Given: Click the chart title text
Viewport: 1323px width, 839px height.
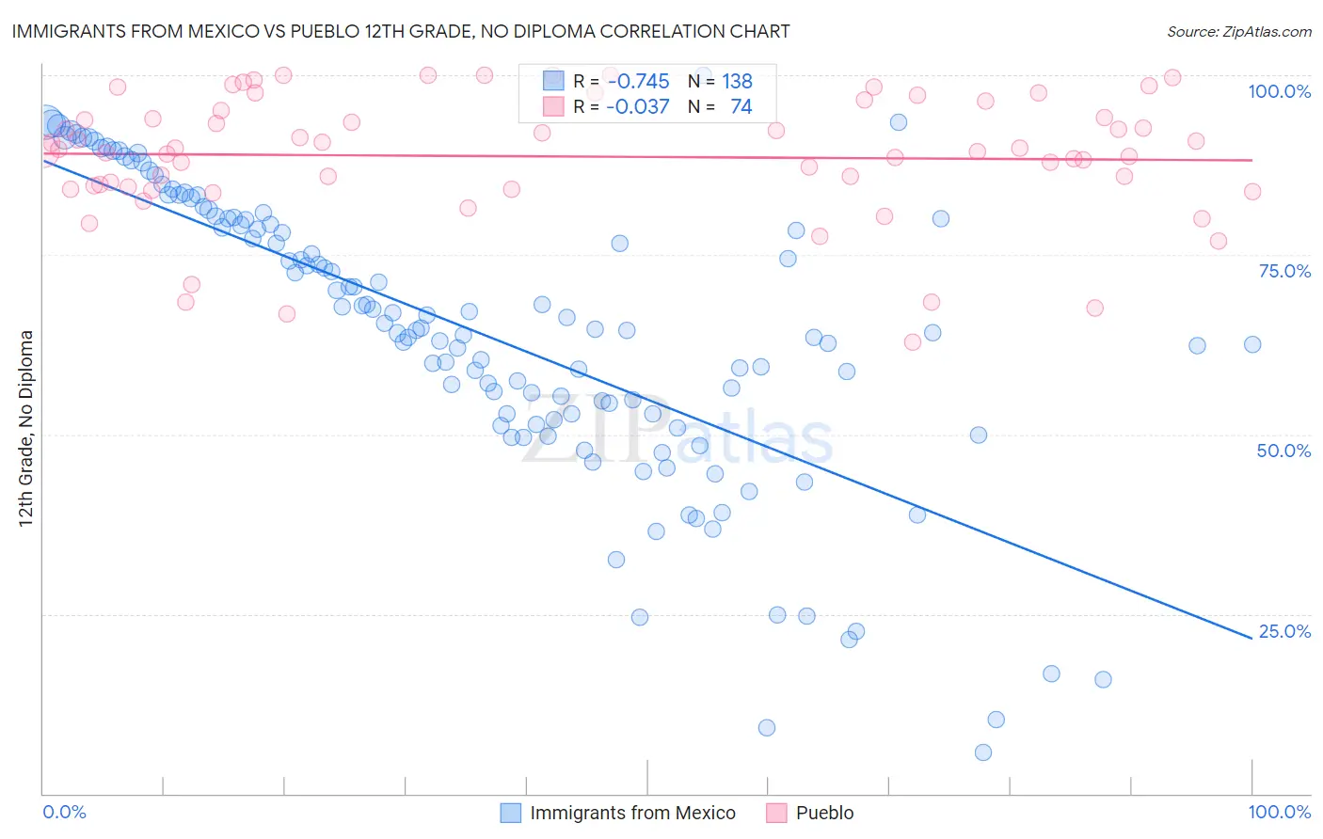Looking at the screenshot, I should coord(401,31).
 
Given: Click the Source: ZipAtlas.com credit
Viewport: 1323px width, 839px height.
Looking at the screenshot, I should coord(1238,31).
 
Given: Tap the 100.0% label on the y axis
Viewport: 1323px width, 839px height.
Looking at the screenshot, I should coord(1279,91).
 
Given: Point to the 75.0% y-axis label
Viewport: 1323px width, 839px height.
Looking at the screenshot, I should coord(1284,271).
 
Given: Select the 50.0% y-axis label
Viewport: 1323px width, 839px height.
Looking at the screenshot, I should coord(1283,451).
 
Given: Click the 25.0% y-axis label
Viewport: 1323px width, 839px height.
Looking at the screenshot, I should coord(1284,631).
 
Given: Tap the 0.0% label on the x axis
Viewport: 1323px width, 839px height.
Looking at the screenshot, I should coord(64,812).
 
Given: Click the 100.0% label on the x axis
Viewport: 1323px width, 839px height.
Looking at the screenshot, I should coord(1279,812).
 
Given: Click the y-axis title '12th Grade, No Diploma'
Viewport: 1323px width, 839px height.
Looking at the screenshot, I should coord(26,428).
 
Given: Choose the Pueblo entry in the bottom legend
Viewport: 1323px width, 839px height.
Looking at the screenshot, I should coord(824,813).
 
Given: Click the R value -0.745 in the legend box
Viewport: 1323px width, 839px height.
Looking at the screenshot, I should coord(637,82).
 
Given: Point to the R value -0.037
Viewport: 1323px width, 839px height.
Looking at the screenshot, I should coord(637,106).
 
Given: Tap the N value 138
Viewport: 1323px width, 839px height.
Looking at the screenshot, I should coord(737,82).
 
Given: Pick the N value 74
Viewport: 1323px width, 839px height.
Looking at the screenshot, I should coord(741,106).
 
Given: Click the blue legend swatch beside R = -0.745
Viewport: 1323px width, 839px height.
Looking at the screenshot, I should coord(553,82).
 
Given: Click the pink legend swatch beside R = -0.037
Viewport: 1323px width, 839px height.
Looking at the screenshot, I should coord(553,106).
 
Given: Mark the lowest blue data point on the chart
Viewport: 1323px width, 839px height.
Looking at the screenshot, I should coord(983,752).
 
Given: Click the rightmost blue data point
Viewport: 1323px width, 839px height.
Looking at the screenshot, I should coord(1252,344).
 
